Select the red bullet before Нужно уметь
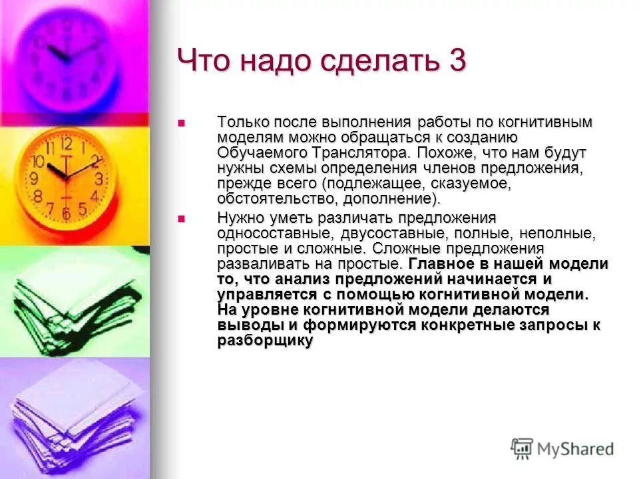180,218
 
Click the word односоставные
274,234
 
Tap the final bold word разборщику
265,341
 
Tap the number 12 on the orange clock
67,143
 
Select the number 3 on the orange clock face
99,178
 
